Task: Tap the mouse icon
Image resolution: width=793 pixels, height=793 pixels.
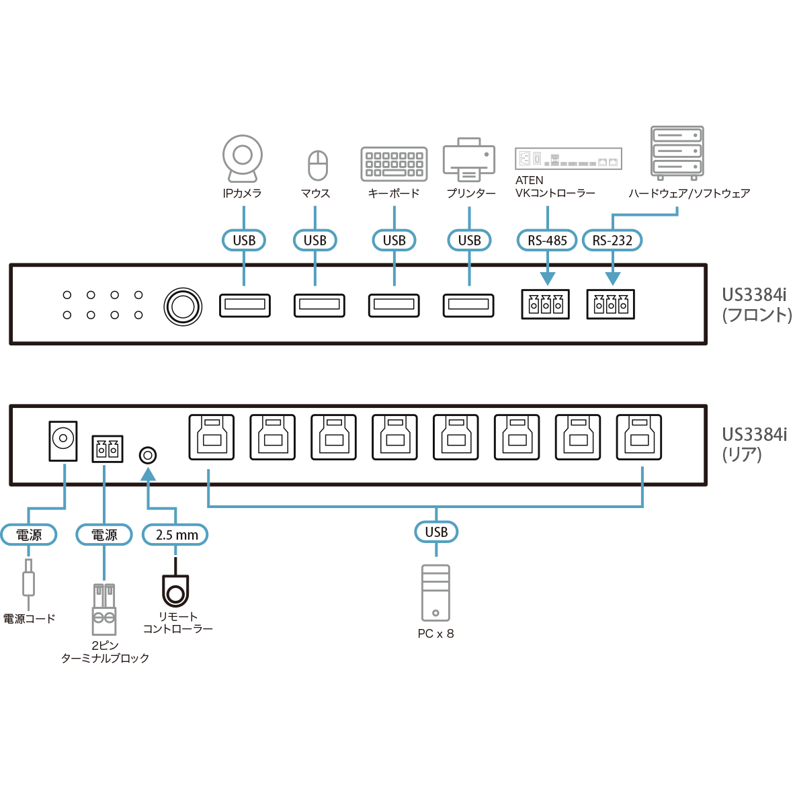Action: (317, 165)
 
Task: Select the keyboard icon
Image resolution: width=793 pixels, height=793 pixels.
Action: (394, 164)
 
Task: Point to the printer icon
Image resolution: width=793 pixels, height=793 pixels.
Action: (468, 160)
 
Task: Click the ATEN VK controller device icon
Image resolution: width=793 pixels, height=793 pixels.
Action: (569, 159)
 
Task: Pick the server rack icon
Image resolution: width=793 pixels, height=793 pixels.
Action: (677, 153)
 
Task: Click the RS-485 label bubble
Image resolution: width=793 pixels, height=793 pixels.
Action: (547, 240)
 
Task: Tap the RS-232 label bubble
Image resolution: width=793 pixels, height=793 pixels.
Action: (612, 240)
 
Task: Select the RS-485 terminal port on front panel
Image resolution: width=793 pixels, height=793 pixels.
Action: (545, 304)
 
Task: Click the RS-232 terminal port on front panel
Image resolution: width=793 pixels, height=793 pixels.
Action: (610, 304)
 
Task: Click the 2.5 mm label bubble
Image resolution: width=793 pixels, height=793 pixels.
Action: (176, 535)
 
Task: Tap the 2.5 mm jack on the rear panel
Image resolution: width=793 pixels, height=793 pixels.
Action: (147, 456)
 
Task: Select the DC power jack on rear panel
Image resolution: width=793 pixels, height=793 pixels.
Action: (63, 441)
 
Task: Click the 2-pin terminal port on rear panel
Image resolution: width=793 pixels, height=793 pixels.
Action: (107, 449)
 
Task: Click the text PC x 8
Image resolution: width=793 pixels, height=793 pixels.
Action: (435, 634)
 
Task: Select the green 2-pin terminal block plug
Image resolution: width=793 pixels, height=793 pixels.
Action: (104, 610)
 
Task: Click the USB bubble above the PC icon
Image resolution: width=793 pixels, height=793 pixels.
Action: (436, 532)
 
